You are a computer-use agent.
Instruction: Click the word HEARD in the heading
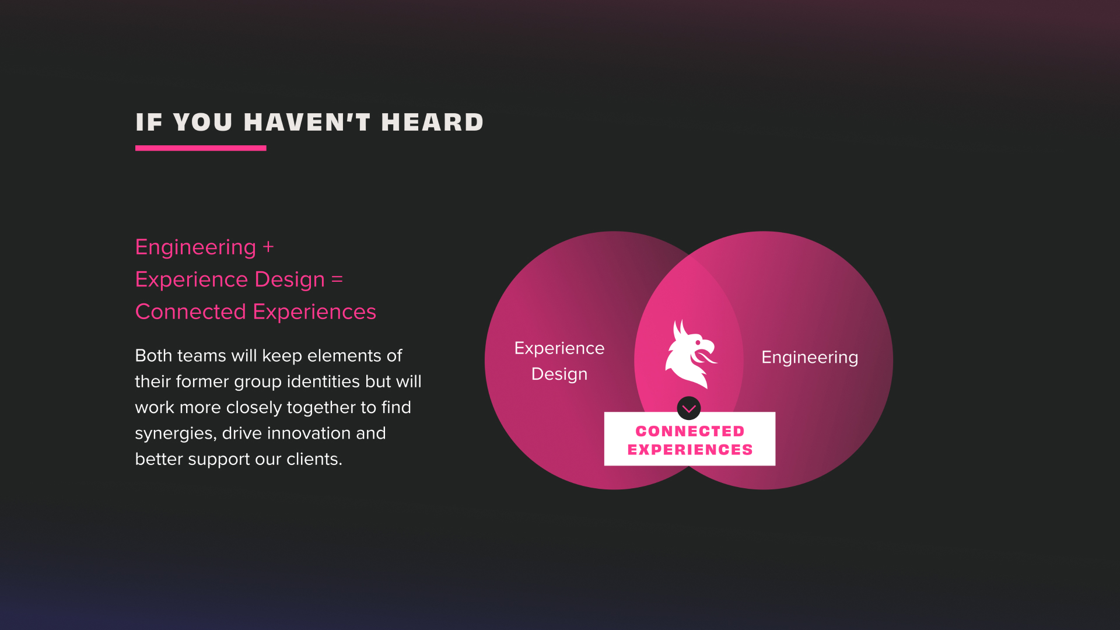[432, 122]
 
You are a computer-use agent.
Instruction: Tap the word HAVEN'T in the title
[307, 122]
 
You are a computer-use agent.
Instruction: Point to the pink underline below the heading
[201, 148]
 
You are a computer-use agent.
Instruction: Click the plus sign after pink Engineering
[268, 247]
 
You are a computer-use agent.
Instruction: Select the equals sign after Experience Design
[337, 279]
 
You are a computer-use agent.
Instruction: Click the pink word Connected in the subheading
[190, 311]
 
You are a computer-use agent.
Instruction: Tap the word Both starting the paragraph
[153, 355]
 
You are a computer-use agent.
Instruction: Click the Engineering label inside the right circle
[810, 358]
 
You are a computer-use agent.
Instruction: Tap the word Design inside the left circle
[559, 374]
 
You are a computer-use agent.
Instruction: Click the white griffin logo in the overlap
[691, 353]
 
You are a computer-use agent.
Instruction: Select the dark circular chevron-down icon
[689, 408]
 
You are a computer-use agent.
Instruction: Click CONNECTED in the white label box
[690, 431]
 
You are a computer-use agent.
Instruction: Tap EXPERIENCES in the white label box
[690, 450]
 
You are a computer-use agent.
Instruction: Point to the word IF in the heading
[149, 122]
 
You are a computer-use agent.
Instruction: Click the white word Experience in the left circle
[559, 348]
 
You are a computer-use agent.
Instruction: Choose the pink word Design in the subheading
[290, 279]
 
